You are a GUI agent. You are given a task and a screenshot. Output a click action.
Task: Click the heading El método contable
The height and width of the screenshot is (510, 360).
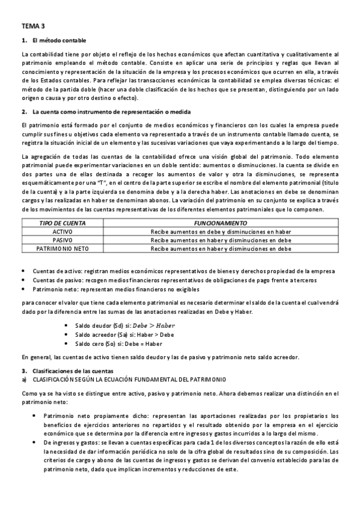click(59, 40)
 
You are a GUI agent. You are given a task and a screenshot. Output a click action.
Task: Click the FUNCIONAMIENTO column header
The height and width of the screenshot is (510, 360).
click(221, 223)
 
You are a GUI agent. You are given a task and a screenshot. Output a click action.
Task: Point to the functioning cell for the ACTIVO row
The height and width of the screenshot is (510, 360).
click(221, 231)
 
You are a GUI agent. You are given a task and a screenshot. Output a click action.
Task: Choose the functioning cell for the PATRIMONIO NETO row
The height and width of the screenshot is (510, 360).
click(221, 248)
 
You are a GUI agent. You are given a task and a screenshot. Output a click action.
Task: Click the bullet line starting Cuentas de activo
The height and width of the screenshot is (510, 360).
click(180, 271)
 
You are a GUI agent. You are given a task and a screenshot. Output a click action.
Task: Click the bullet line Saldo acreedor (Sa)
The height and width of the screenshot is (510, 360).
click(124, 334)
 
